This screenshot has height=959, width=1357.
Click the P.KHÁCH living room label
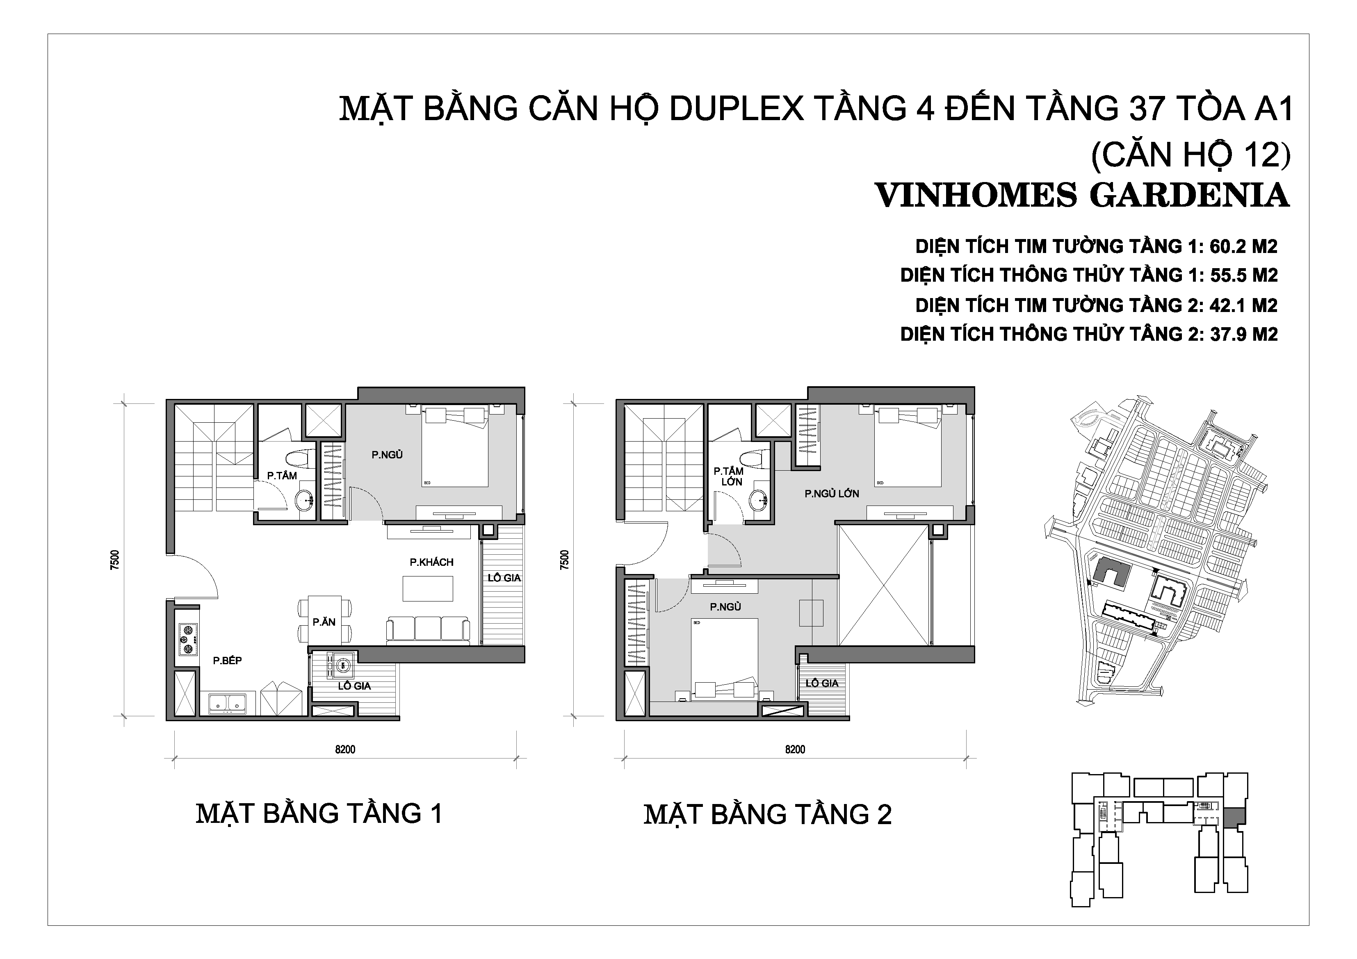[x=431, y=562]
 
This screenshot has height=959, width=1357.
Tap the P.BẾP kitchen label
[x=228, y=661]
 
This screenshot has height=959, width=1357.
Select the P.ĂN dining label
[x=324, y=622]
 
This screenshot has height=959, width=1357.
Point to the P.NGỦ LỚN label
[x=832, y=493]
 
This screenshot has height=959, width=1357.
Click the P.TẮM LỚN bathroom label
[x=728, y=476]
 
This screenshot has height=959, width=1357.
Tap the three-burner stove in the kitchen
[x=188, y=639]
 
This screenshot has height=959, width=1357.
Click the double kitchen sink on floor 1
[x=228, y=704]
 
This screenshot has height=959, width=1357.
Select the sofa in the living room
[x=428, y=631]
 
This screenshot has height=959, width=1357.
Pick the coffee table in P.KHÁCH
[x=428, y=588]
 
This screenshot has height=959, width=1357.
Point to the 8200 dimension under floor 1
[x=345, y=749]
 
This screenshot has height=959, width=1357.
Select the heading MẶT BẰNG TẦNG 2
[x=767, y=814]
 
